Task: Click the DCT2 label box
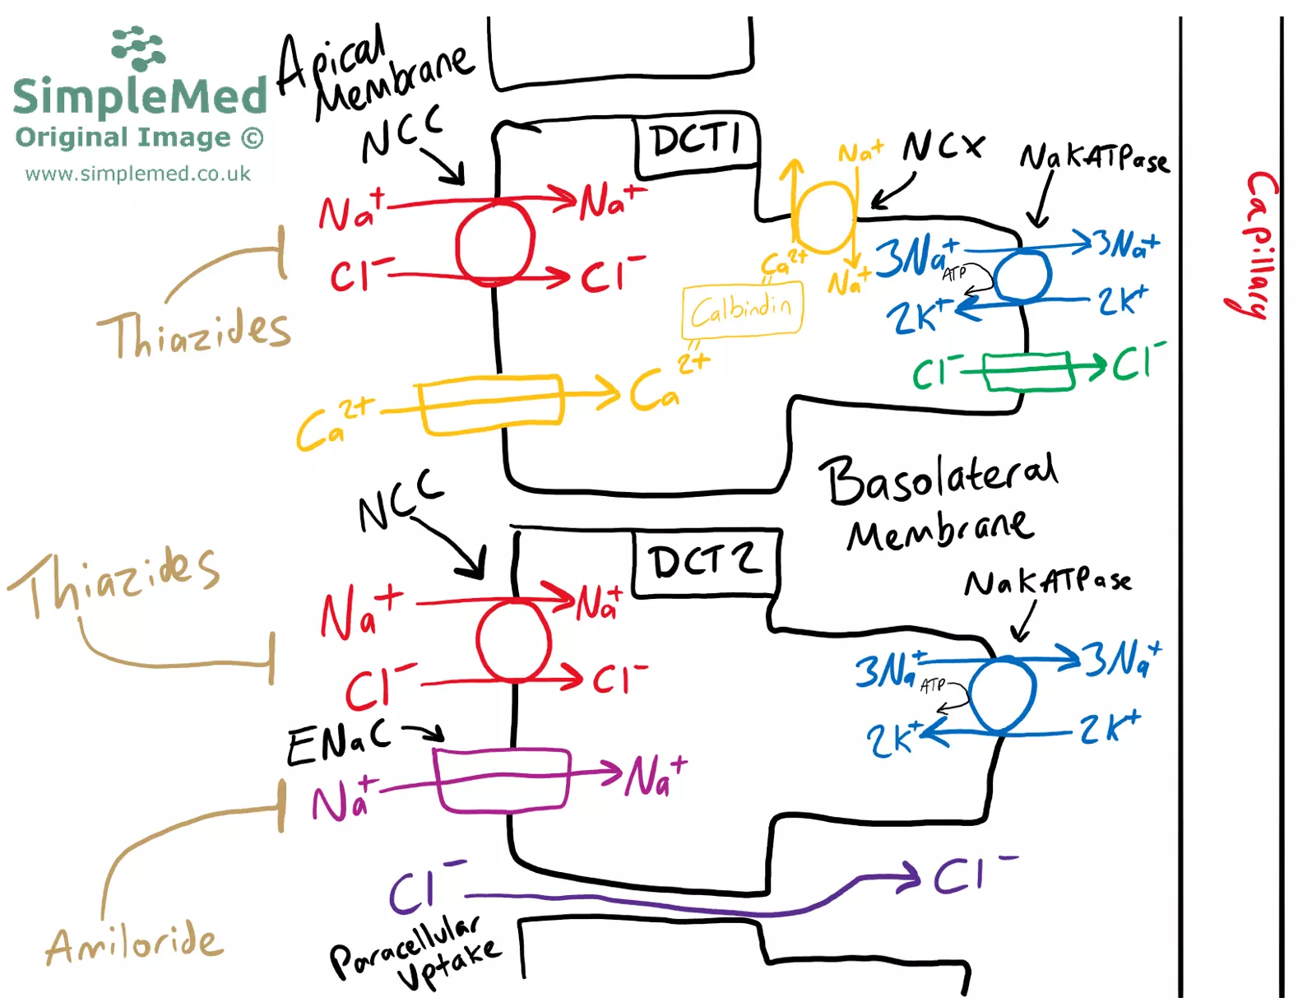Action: (705, 563)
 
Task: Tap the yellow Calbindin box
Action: (742, 310)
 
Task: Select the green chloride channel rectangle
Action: (1028, 371)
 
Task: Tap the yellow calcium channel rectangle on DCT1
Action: (491, 403)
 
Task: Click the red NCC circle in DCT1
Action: (495, 243)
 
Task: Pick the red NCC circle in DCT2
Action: (513, 640)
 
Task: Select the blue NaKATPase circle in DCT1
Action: (1022, 276)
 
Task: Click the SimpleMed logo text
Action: (140, 95)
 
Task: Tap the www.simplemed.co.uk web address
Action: (137, 174)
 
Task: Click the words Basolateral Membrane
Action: (941, 502)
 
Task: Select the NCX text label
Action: (943, 147)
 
